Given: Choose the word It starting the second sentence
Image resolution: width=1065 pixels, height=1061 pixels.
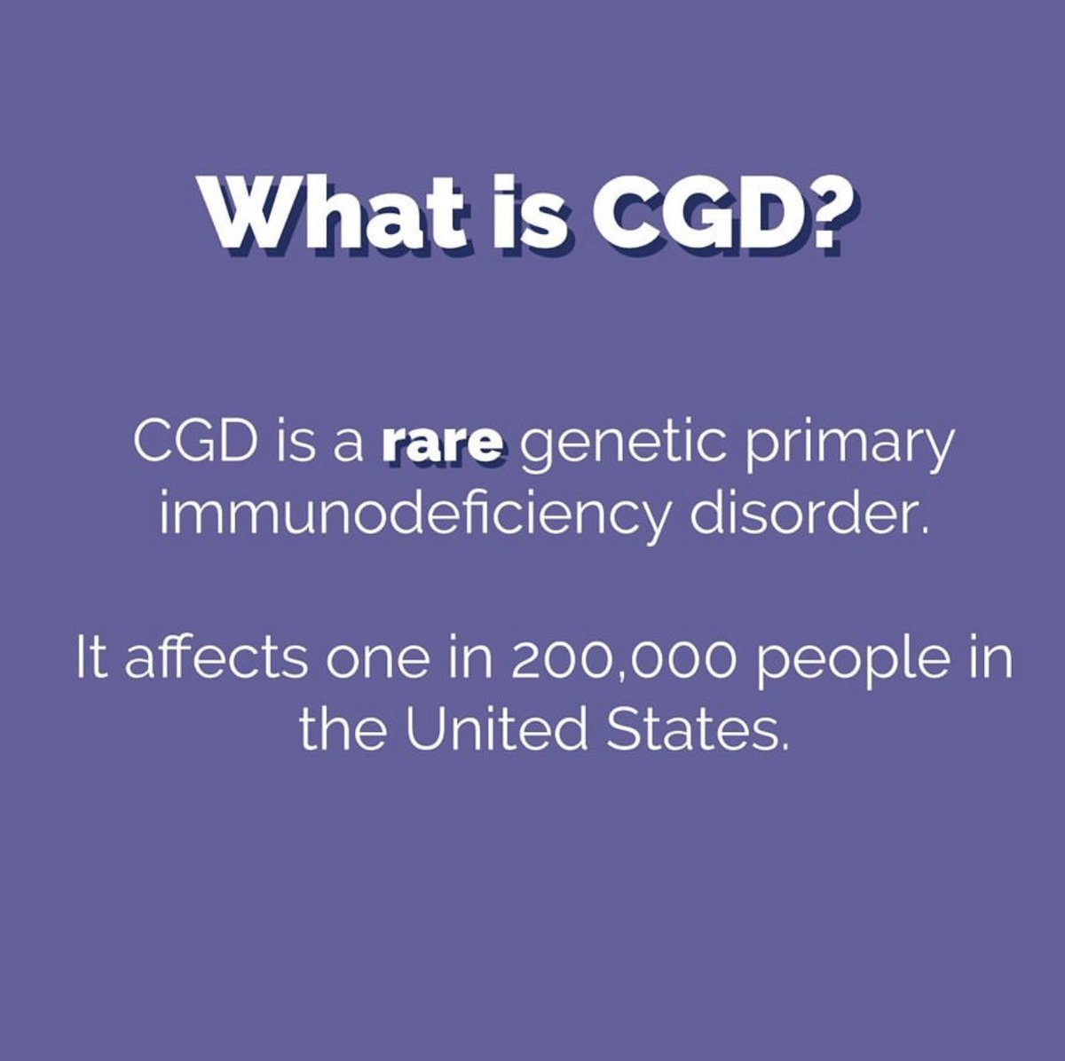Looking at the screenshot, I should coord(90,661).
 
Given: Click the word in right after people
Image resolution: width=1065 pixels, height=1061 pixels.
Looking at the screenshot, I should coord(992,661).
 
